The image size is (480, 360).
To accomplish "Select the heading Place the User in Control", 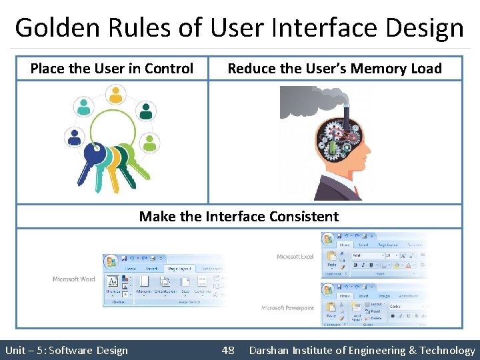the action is coord(112,68).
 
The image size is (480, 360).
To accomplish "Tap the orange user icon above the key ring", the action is coord(117,95).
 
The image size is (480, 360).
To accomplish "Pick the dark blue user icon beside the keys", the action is coord(74,137).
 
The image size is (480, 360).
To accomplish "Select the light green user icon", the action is coord(150,142).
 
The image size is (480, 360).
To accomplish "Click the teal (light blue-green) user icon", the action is coord(85,105).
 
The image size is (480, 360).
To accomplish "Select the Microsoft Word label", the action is coord(73,279).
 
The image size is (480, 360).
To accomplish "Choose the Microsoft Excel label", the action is coord(295,257).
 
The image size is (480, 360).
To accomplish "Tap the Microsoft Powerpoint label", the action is coord(288,308).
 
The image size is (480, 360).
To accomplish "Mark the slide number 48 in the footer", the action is coord(228,350).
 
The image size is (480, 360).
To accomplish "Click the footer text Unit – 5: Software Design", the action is coord(67,350).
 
